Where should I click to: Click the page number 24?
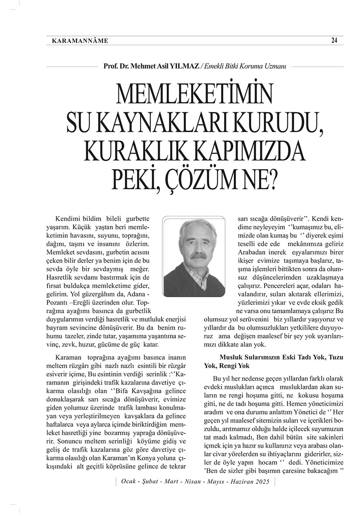point(334,40)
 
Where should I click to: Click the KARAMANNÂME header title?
point(80,41)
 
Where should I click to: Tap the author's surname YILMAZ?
point(186,66)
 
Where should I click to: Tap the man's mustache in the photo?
point(198,256)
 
